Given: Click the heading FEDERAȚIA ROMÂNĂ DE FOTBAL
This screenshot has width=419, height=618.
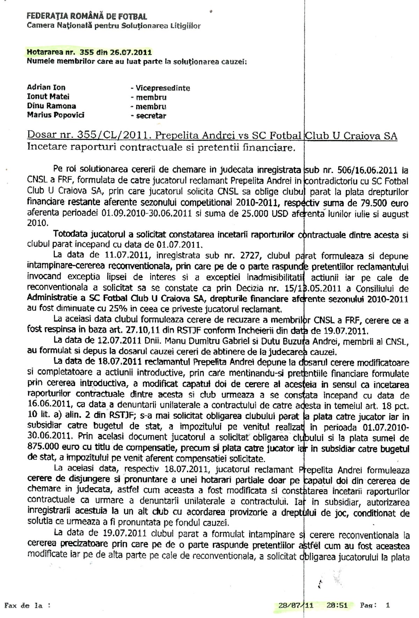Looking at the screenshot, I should [x=87, y=16].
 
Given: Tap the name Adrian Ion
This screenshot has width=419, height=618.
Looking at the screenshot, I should [x=46, y=88].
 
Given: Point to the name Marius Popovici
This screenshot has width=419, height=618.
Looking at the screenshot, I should [x=56, y=115].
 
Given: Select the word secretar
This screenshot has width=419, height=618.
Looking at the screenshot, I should [x=151, y=115].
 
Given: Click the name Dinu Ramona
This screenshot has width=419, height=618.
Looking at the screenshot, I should [x=51, y=106].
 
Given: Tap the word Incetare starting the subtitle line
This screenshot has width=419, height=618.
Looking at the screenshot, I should [x=46, y=147].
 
